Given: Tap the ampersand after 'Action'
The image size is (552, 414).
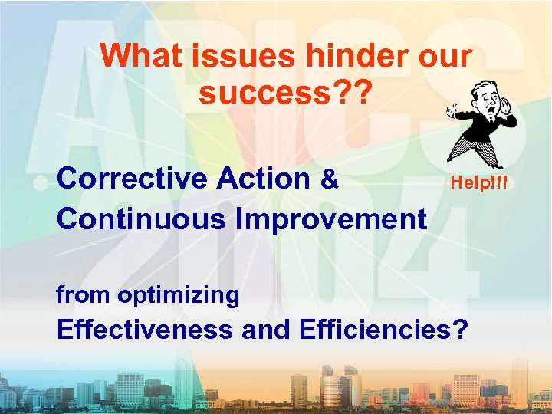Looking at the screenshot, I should pyautogui.click(x=330, y=179).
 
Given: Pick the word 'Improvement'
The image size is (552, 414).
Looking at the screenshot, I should pyautogui.click(x=331, y=219).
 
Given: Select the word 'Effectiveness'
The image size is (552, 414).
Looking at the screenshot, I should pyautogui.click(x=145, y=330).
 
